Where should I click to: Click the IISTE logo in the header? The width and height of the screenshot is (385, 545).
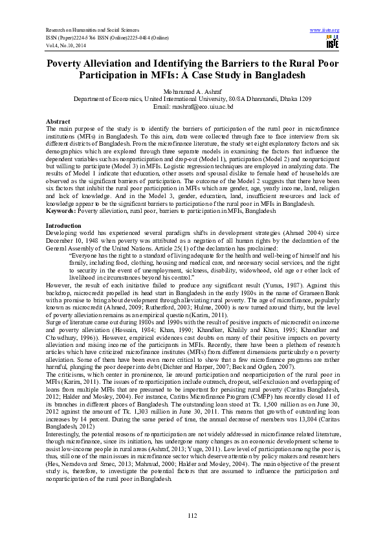pos(333,43)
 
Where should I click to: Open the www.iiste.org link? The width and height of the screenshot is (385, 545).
pos(325,30)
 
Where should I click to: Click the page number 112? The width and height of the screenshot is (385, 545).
pos(192,515)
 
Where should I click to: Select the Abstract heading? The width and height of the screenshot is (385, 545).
pos(57,122)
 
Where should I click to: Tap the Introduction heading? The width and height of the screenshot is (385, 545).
pos(64,225)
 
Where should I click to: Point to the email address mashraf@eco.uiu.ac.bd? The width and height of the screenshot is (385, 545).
pos(192,106)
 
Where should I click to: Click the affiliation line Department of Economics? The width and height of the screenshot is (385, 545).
pos(192,98)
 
